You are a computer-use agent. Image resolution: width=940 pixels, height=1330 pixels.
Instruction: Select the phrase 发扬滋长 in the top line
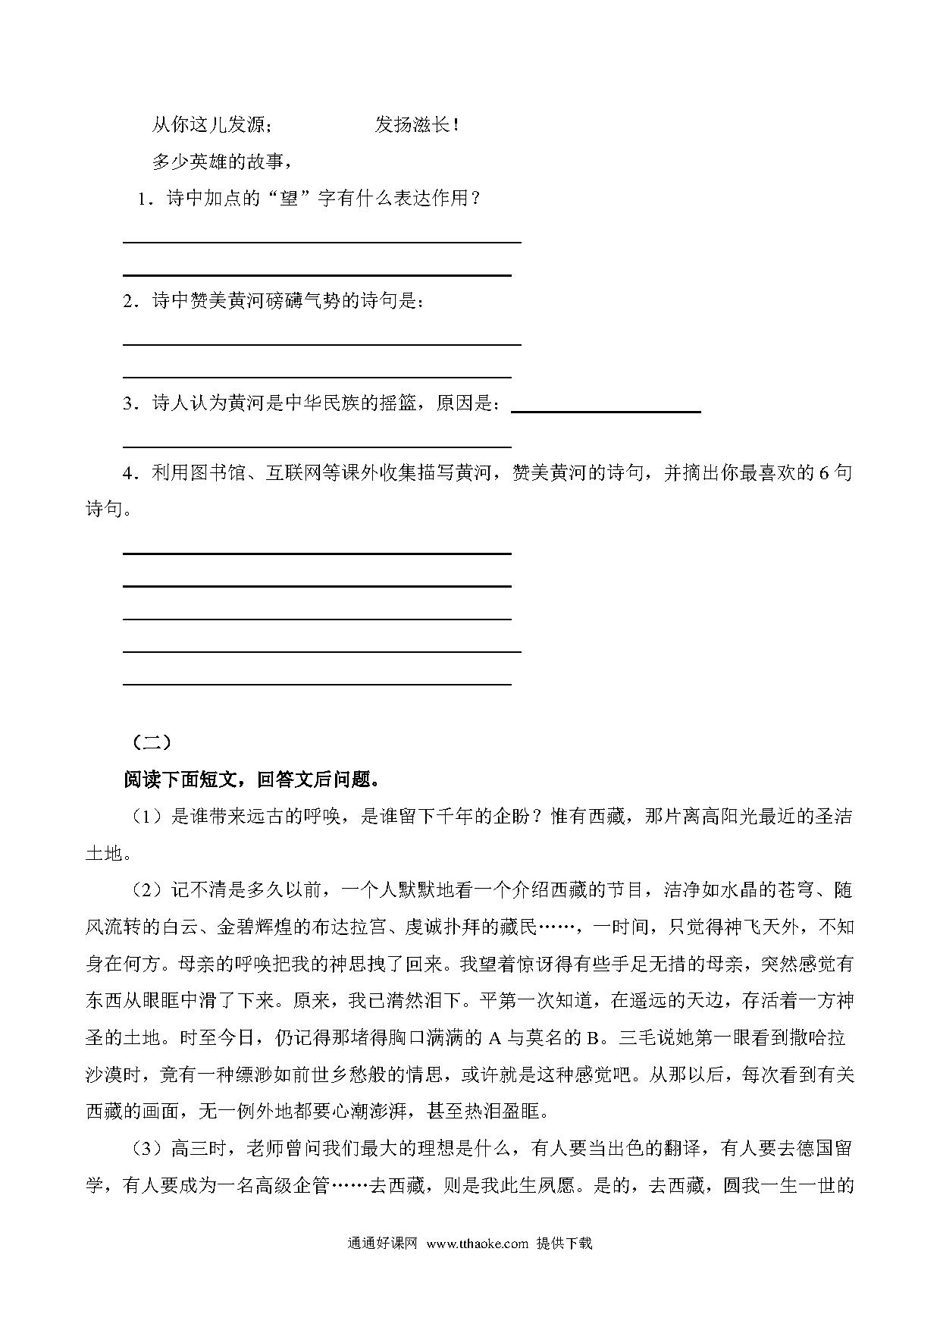413,125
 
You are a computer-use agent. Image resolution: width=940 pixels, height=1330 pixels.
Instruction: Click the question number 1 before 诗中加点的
141,199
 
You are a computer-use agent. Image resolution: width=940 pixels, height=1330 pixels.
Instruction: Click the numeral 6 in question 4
824,473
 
